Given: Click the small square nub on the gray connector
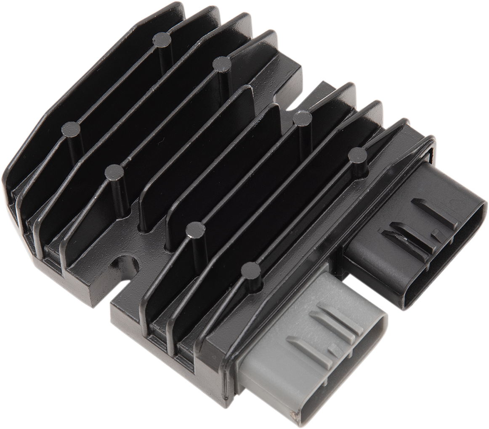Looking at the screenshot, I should [x=333, y=348].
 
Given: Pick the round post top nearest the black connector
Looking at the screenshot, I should [x=358, y=155].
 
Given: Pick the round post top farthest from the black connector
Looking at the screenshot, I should [x=70, y=129].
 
